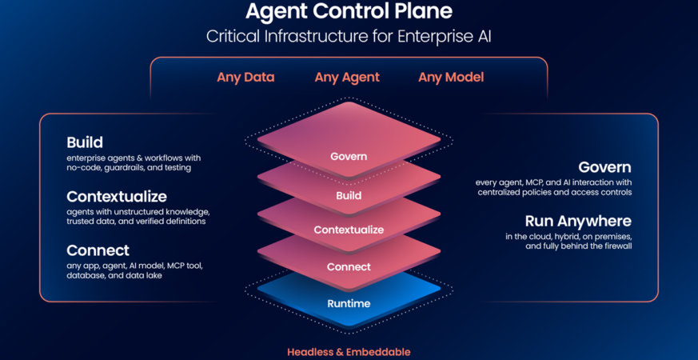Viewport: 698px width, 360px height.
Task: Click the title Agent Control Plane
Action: [x=349, y=12]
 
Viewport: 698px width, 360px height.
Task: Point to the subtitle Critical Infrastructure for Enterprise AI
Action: [x=349, y=37]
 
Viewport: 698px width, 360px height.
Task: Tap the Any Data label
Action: [x=245, y=78]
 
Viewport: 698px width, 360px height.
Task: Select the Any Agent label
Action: [x=347, y=78]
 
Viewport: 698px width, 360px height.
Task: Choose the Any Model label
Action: [x=451, y=78]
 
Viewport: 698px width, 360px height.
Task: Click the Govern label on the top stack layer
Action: [x=349, y=156]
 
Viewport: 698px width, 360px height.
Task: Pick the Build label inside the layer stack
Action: [x=349, y=195]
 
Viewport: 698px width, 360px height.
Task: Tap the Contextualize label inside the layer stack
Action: [x=349, y=230]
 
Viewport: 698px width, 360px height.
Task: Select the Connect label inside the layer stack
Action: [x=349, y=267]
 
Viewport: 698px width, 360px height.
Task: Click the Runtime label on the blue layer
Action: [x=349, y=304]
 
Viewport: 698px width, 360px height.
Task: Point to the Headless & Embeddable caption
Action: [x=349, y=351]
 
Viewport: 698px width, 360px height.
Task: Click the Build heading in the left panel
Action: [x=85, y=142]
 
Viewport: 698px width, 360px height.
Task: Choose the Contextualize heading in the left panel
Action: [x=117, y=197]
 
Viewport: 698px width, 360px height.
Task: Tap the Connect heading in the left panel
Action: [x=98, y=250]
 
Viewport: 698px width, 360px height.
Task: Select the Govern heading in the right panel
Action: [x=605, y=167]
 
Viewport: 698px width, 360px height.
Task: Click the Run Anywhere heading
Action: [x=578, y=222]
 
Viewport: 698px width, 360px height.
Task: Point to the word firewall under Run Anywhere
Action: [x=616, y=246]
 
